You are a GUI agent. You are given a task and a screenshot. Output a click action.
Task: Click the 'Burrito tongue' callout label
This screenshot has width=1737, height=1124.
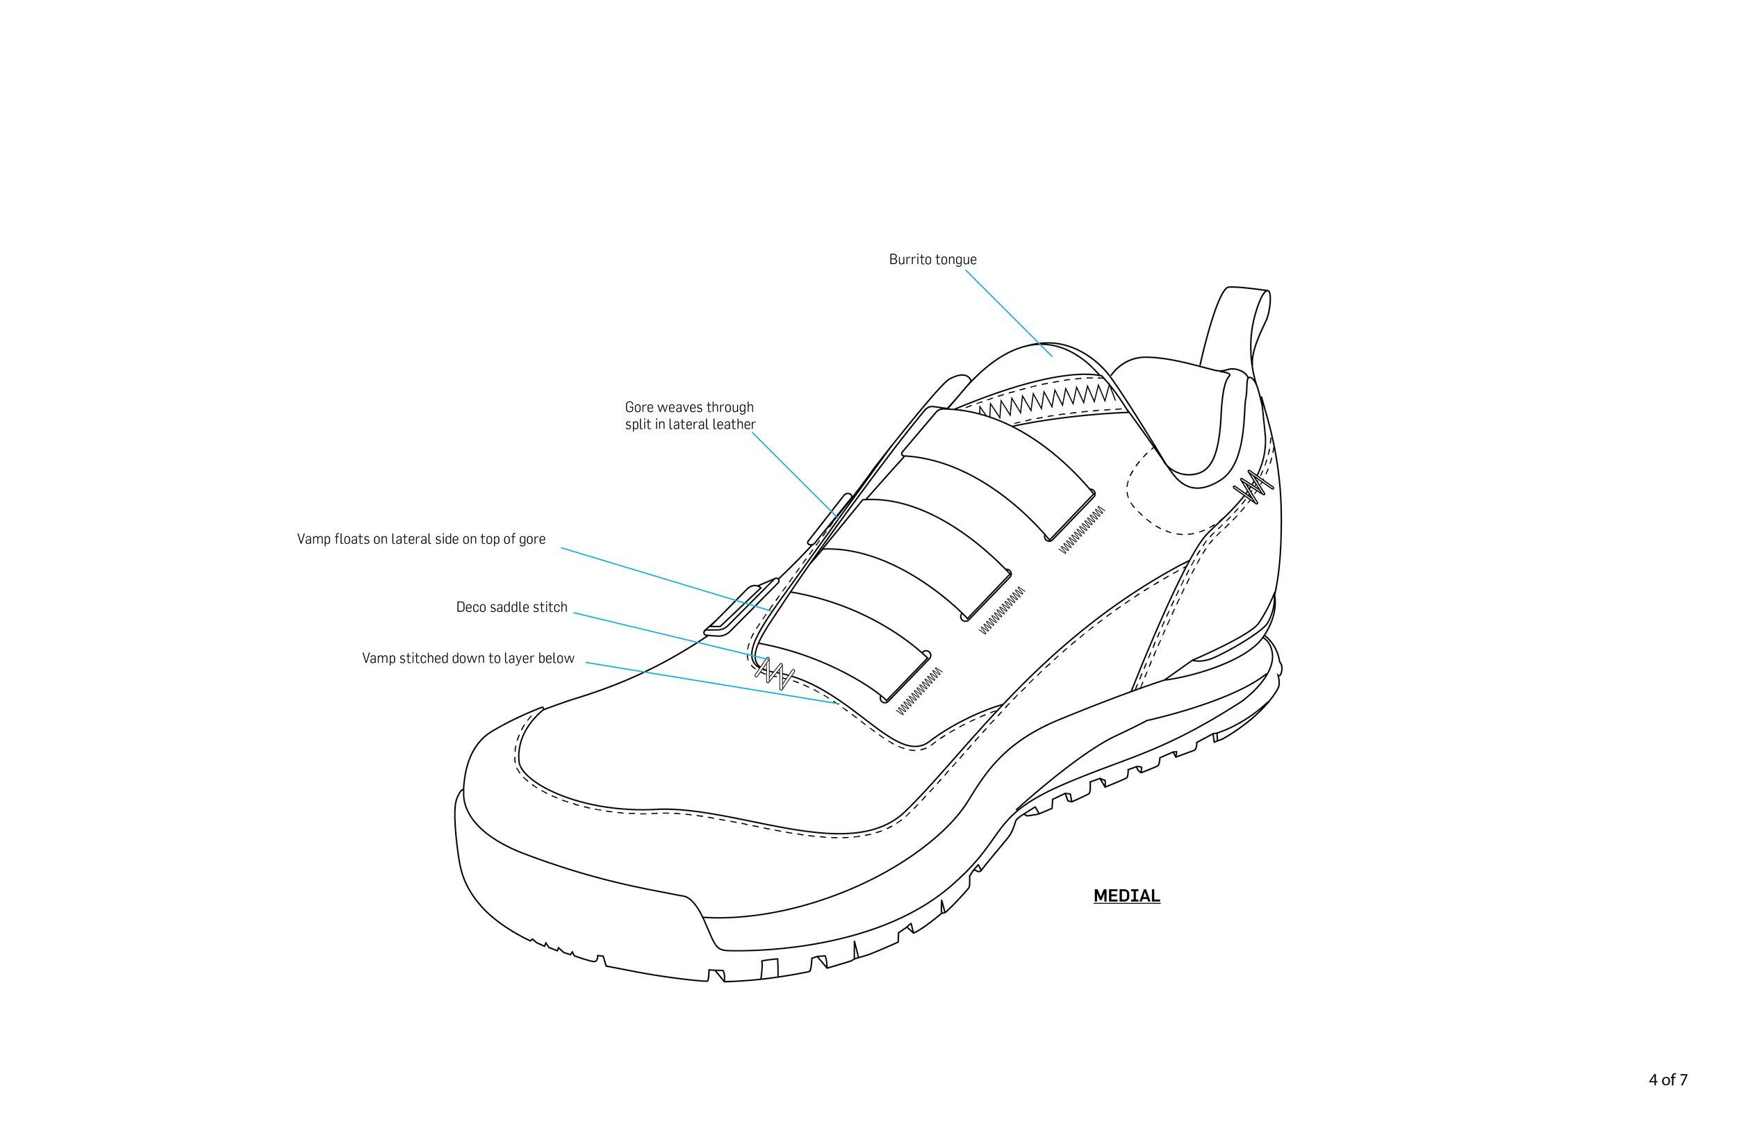pyautogui.click(x=932, y=260)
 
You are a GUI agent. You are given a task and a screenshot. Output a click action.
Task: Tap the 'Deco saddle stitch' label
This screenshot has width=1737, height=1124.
pyautogui.click(x=511, y=607)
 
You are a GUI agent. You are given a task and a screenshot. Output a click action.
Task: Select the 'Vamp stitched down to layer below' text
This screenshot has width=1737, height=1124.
pyautogui.click(x=468, y=659)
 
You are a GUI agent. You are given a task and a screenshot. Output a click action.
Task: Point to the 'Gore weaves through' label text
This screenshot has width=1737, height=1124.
pyautogui.click(x=689, y=407)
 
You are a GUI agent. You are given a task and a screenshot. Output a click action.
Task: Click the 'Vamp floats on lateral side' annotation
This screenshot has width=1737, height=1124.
pyautogui.click(x=421, y=539)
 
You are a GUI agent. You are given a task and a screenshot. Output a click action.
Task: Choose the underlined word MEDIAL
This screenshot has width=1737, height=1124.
pyautogui.click(x=1126, y=895)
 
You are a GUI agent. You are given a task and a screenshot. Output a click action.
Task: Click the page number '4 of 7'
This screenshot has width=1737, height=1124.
pyautogui.click(x=1668, y=1080)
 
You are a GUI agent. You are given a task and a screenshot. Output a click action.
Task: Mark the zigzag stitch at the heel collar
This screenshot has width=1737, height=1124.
pyautogui.click(x=1253, y=488)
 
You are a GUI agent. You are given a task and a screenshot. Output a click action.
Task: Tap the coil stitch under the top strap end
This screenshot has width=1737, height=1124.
pyautogui.click(x=1082, y=530)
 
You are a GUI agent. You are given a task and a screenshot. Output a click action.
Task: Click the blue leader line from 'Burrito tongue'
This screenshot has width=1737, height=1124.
pyautogui.click(x=1009, y=313)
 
